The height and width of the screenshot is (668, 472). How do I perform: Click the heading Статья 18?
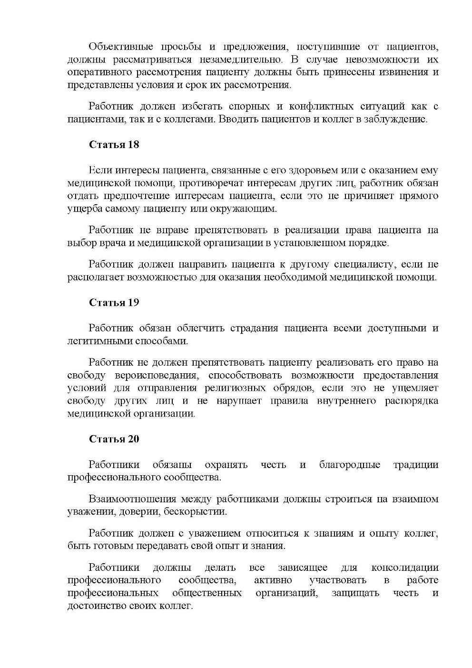tap(114, 145)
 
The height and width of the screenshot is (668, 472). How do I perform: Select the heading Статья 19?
tap(114, 302)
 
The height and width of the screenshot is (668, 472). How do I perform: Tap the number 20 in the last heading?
tap(133, 439)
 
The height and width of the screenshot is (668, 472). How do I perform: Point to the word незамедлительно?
tap(237, 60)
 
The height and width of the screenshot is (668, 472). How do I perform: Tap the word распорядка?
tap(411, 401)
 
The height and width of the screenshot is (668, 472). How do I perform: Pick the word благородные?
tap(350, 465)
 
